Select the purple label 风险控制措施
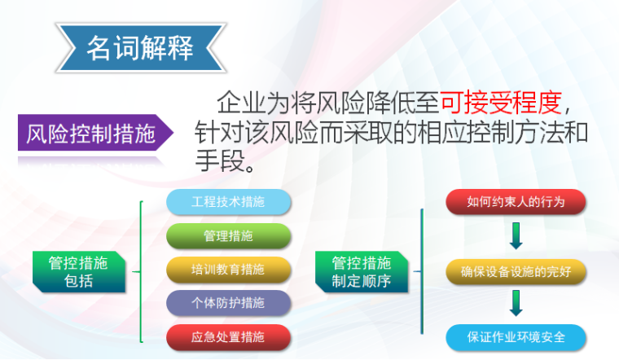[x=90, y=134]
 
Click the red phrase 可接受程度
[x=501, y=103]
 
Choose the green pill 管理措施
[x=228, y=236]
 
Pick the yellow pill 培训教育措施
[x=228, y=270]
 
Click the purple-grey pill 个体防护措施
[x=228, y=303]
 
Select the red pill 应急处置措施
[x=228, y=336]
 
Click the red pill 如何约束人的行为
[x=516, y=202]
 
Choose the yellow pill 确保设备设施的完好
[x=516, y=271]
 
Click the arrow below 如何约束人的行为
[x=516, y=236]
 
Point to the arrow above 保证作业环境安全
[x=516, y=304]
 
